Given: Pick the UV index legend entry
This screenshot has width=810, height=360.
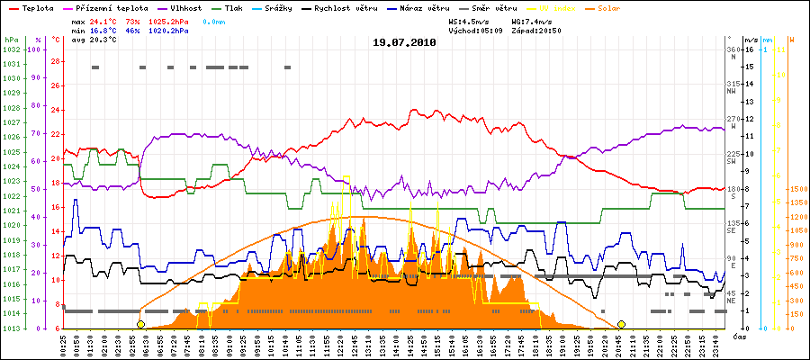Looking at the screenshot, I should click(563, 8).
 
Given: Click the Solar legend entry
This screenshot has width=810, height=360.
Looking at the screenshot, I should click(624, 8).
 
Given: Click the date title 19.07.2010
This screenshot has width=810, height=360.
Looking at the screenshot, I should click(404, 41).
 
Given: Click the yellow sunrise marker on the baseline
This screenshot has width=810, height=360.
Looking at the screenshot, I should click(140, 324).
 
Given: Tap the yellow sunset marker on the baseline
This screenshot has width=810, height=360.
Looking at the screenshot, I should click(621, 324).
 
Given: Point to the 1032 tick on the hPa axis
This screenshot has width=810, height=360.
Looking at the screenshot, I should click(11, 49).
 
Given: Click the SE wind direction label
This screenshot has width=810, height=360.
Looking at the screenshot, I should click(732, 229).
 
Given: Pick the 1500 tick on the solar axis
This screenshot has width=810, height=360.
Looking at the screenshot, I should click(797, 189).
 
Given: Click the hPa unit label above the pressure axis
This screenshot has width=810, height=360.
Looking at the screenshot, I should click(11, 40).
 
